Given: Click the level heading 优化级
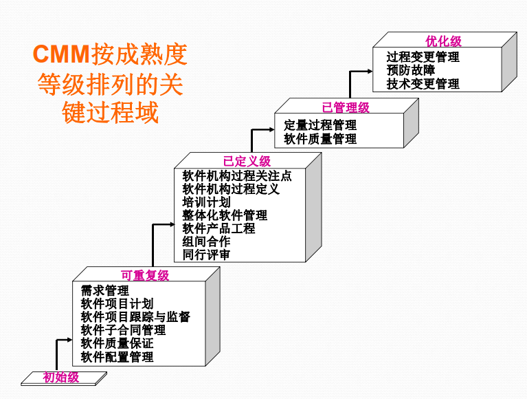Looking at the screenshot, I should pos(443,42).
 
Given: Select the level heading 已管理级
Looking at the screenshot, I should pos(346,107).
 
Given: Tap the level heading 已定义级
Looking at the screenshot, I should pos(247,162).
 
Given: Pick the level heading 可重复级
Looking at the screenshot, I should pos(145,276).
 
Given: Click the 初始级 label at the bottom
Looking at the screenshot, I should pos(61,377).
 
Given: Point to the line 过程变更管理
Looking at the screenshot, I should pos(423,56).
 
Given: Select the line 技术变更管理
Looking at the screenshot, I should pos(423,83).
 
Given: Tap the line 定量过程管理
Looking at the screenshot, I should pos(320,125).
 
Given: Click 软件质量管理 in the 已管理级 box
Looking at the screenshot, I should pos(320,138).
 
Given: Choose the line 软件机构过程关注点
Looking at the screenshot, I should pos(237,175).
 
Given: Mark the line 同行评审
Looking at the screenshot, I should pos(206,255).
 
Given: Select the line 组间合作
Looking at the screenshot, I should pos(206,241).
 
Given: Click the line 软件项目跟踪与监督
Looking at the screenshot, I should pos(135,317).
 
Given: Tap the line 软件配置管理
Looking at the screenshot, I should pos(117,356).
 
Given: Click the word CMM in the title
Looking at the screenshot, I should pos(62,54).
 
